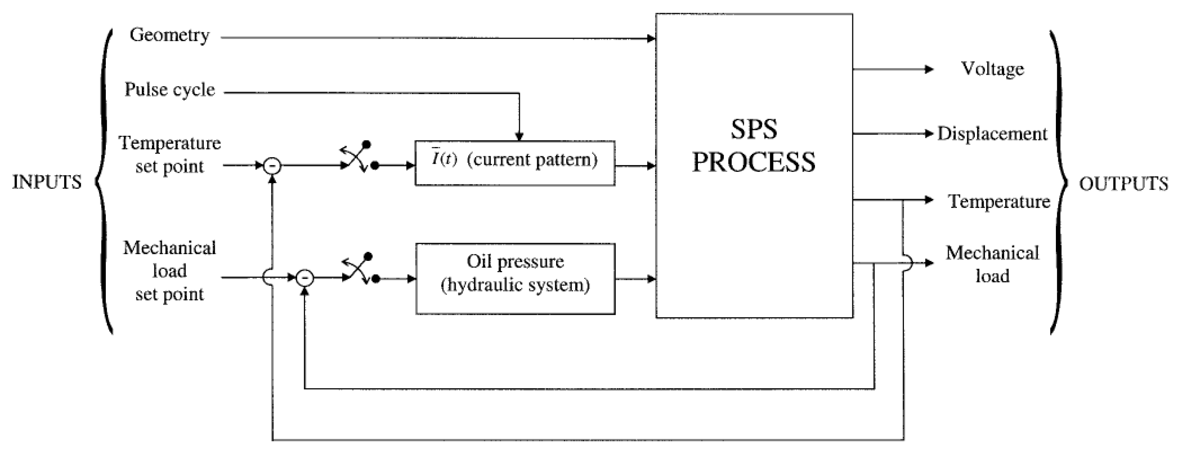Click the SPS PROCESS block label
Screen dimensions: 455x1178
pos(754,145)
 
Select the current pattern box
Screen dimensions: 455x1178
pos(515,163)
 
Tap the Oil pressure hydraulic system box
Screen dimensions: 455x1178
pos(515,278)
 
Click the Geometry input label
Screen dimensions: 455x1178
pos(170,35)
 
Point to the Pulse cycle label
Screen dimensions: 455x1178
pos(170,90)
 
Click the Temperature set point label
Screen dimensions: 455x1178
pos(170,155)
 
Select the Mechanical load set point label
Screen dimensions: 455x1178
pos(170,271)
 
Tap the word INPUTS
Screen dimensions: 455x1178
pos(47,182)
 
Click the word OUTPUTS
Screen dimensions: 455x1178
pos(1123,184)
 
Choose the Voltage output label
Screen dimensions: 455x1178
pos(993,69)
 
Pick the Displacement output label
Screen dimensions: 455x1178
pos(992,134)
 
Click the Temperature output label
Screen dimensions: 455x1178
pos(999,201)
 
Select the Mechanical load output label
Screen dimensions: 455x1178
pos(992,265)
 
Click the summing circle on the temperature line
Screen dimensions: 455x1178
pos(272,166)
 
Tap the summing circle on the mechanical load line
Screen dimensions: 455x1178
pos(305,278)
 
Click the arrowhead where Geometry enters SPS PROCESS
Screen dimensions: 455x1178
pos(651,39)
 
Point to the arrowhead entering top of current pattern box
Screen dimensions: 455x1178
pos(519,137)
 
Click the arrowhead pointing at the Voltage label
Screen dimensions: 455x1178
pos(929,69)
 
